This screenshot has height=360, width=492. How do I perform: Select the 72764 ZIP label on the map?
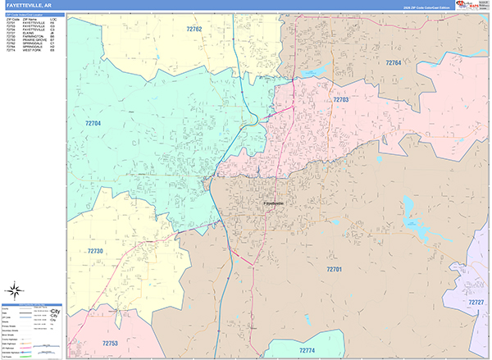tap(394, 62)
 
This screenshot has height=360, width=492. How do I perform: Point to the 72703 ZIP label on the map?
tap(341, 99)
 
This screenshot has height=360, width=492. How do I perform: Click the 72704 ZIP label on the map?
tap(93, 124)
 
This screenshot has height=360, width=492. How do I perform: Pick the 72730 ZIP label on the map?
tap(96, 251)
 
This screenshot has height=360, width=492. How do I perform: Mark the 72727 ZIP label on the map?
tap(476, 303)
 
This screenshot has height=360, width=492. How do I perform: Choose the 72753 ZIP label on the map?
tap(109, 343)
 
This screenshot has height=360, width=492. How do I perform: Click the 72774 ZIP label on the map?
tap(307, 350)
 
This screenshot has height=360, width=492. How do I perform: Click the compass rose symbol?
tap(15, 289)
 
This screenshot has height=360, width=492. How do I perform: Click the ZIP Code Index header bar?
tap(33, 14)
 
